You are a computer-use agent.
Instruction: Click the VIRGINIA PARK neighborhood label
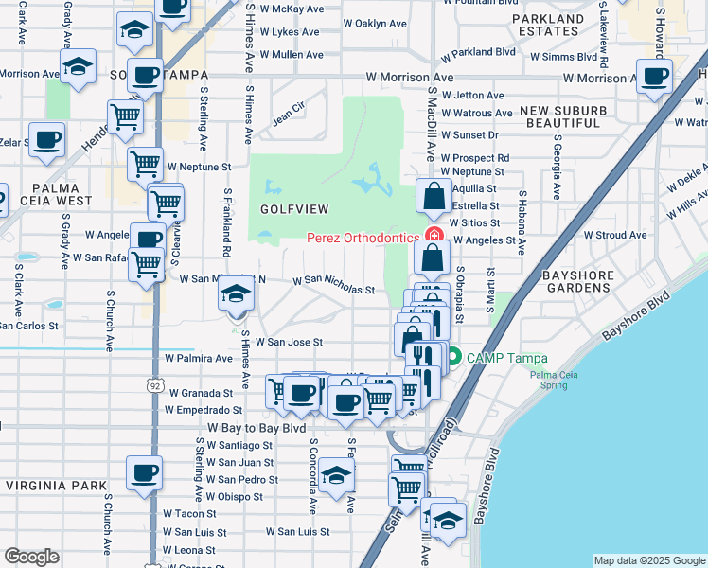[56, 486]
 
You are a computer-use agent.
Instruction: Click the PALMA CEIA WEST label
[45, 193]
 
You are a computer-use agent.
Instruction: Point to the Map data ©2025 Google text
[648, 560]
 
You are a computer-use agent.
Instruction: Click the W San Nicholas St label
[334, 284]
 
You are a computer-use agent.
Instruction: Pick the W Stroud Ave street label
[615, 235]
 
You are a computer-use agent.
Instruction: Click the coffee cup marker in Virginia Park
[144, 472]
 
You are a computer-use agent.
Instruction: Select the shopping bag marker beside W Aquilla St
[433, 197]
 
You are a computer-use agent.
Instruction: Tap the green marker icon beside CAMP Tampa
[452, 357]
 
